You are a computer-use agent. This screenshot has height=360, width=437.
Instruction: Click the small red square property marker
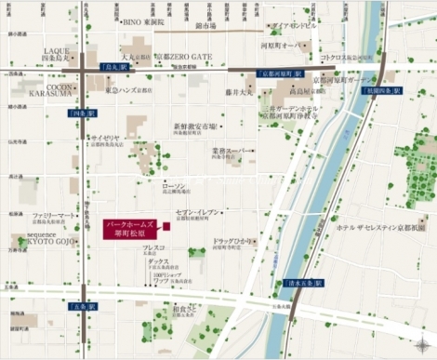click(166, 227)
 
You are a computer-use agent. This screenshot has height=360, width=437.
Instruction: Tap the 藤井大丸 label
click(239, 92)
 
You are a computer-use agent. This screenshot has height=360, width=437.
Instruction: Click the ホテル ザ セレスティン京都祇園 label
click(386, 227)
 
